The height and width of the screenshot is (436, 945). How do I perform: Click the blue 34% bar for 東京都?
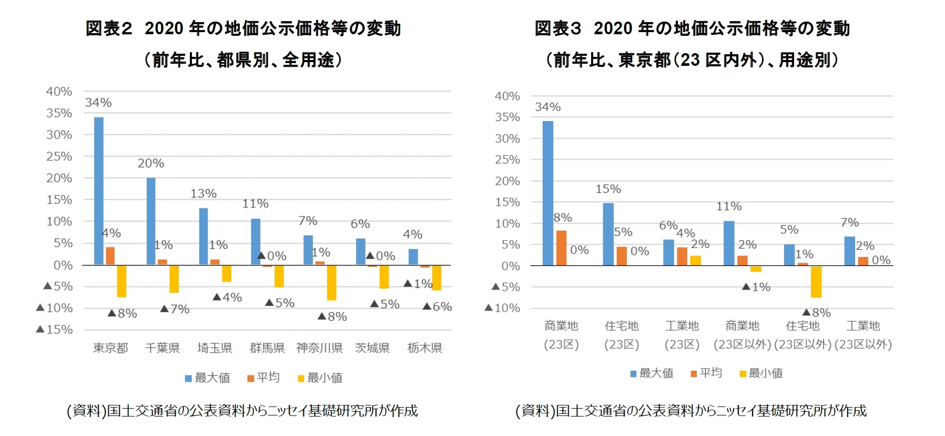coord(99,191)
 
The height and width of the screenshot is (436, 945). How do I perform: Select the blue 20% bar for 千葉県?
coord(151,221)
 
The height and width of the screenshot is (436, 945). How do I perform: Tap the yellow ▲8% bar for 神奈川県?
coord(331,282)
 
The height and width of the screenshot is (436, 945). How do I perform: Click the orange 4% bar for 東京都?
coord(110,256)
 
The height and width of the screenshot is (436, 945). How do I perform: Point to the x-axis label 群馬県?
coord(267,348)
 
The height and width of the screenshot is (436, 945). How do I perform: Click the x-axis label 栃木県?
coord(424,348)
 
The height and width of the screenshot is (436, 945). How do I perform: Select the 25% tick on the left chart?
coord(59,156)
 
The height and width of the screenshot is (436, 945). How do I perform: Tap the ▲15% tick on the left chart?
coord(55,330)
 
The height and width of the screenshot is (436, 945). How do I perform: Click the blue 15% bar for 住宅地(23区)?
coord(608,234)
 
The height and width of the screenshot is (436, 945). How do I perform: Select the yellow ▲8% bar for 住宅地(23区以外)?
coord(816,282)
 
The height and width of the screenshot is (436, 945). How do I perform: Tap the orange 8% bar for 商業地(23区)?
coord(561,248)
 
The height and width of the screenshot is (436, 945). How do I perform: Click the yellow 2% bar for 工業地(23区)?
coord(695,260)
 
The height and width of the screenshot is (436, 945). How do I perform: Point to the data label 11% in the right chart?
coord(729,206)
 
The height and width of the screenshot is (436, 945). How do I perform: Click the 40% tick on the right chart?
coord(507,96)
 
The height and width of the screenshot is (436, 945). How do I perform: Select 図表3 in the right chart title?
coord(557,28)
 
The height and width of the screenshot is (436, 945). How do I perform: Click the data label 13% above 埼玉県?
coord(204,194)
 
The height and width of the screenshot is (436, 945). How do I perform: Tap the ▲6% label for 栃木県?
coord(438,306)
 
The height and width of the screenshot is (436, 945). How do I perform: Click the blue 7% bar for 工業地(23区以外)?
coord(849,251)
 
